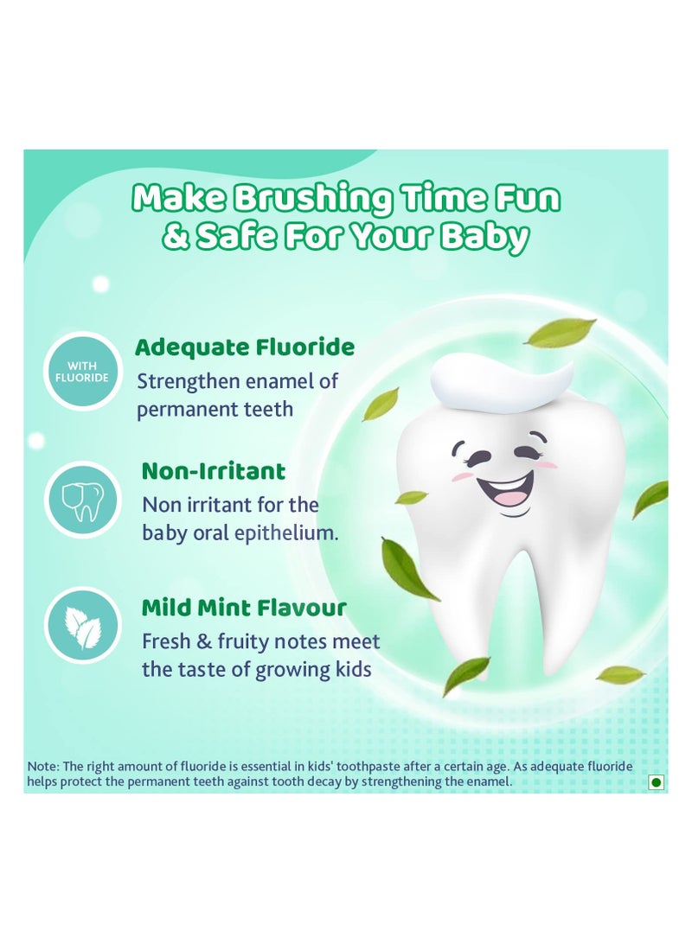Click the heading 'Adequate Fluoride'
[245, 347]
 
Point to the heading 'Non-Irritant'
[213, 471]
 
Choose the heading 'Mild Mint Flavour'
[243, 608]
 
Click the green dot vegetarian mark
[656, 781]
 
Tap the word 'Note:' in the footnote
[42, 766]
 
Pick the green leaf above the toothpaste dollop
[561, 332]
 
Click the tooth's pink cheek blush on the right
[547, 464]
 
